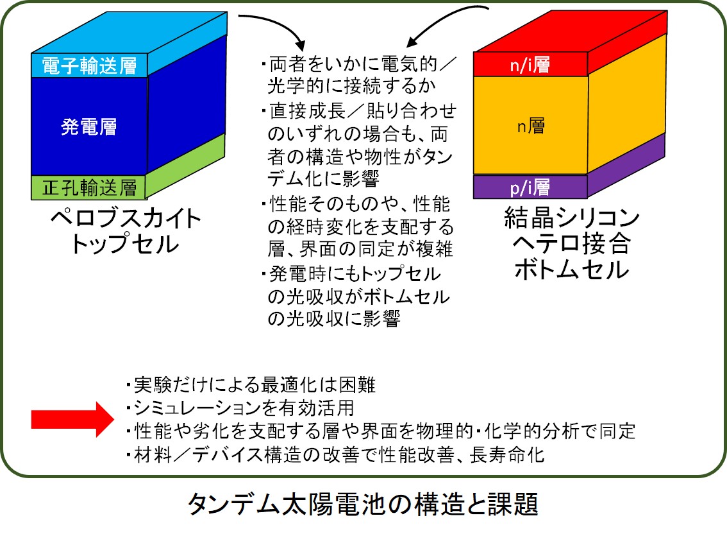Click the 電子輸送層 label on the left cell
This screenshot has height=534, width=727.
pyautogui.click(x=89, y=65)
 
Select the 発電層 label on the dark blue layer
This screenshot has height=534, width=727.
pyautogui.click(x=89, y=126)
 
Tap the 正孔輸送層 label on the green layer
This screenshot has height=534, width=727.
pyautogui.click(x=89, y=187)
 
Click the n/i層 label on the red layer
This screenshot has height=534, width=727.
pyautogui.click(x=530, y=65)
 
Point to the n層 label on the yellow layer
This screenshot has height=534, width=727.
pyautogui.click(x=531, y=125)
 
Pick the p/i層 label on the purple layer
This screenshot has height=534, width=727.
pyautogui.click(x=530, y=187)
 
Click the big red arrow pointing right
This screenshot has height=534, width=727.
pyautogui.click(x=72, y=419)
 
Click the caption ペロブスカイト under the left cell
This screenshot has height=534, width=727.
pyautogui.click(x=126, y=218)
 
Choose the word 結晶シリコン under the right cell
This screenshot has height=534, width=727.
pyautogui.click(x=572, y=217)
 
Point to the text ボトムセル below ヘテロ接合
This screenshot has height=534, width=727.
pyautogui.click(x=572, y=270)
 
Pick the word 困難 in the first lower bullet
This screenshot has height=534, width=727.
pyautogui.click(x=357, y=385)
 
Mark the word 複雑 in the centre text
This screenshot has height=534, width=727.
pyautogui.click(x=434, y=250)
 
